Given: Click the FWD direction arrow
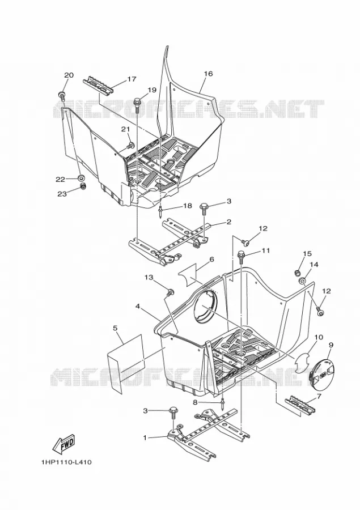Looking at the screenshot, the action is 64,444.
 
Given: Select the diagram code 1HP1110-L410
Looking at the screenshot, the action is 66,462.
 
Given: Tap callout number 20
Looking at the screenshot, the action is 69,75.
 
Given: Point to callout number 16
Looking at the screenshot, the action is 208,74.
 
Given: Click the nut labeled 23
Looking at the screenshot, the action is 83,186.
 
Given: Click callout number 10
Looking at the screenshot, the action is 319,337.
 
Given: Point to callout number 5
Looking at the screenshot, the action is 115,329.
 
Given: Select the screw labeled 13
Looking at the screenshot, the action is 170,292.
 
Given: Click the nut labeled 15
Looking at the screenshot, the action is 297,272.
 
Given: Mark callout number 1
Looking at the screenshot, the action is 145,438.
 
